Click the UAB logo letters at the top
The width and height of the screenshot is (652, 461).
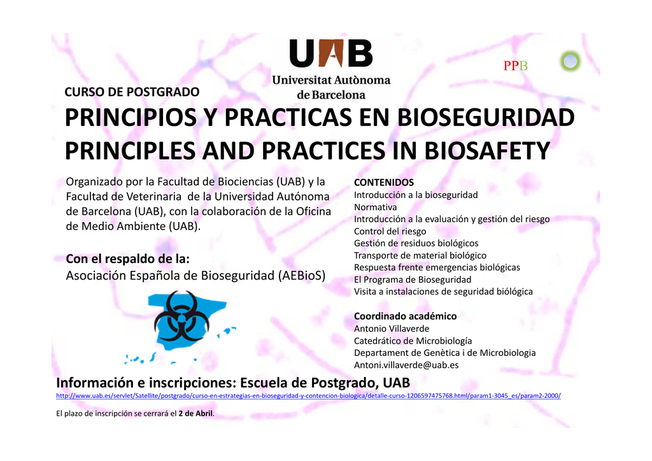331,53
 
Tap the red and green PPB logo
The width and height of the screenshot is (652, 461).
515,66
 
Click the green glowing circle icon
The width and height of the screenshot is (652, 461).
570,61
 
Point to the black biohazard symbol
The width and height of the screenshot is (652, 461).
181,316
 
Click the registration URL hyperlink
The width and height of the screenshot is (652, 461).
308,396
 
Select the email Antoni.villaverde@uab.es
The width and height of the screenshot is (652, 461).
406,365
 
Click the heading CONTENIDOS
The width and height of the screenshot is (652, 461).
384,183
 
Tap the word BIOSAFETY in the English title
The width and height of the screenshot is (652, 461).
487,150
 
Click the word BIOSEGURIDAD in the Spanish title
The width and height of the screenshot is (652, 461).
486,117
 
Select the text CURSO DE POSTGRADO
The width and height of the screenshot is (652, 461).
132,92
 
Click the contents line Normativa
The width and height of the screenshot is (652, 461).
375,207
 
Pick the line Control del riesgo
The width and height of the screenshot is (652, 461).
390,232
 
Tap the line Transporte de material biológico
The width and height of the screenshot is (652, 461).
420,255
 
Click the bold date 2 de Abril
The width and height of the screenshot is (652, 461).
195,414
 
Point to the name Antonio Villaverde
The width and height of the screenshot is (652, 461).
392,329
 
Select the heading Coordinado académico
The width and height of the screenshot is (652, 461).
405,316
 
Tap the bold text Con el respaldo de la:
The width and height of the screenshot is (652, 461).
127,259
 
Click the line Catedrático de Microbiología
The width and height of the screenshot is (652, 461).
413,341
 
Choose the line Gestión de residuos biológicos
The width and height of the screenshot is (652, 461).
416,244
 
